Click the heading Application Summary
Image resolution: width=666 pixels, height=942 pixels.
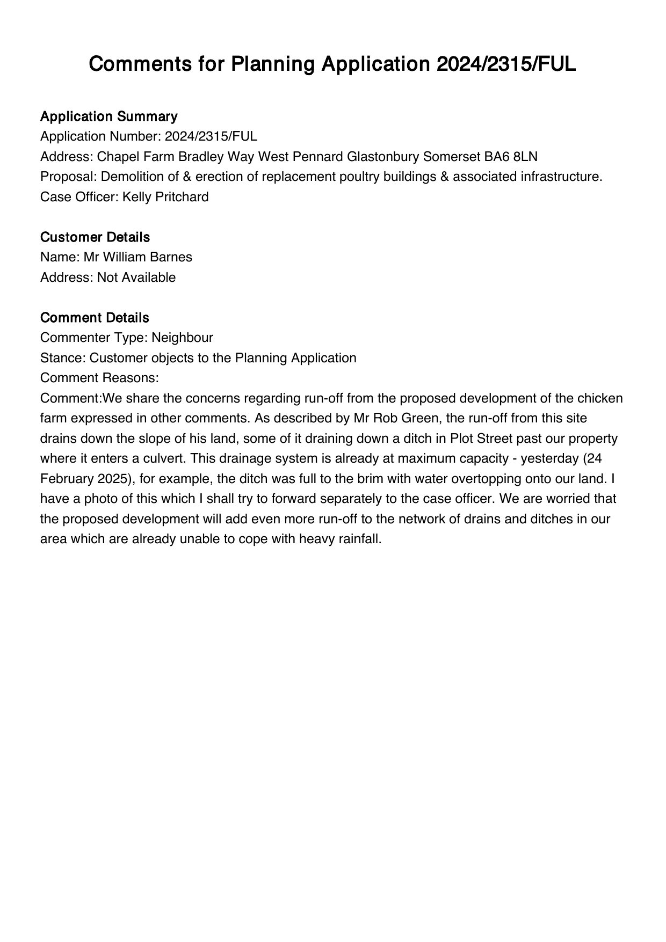(108, 116)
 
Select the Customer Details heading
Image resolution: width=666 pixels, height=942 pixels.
(95, 237)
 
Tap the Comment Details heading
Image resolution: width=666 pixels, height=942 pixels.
(95, 318)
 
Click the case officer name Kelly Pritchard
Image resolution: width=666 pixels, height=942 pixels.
(165, 197)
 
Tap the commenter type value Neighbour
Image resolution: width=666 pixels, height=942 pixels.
(182, 338)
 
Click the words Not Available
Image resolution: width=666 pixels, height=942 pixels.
(136, 278)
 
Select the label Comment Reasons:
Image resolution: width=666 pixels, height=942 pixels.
(99, 378)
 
